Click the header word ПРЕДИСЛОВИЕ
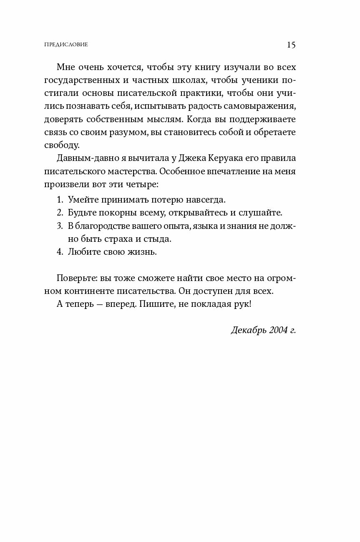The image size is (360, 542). point(65,45)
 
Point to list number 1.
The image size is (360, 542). point(59,199)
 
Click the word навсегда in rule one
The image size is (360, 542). point(206,199)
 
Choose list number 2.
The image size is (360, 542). point(59,212)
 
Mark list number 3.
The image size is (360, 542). point(59,226)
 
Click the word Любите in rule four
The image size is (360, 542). point(83,252)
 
